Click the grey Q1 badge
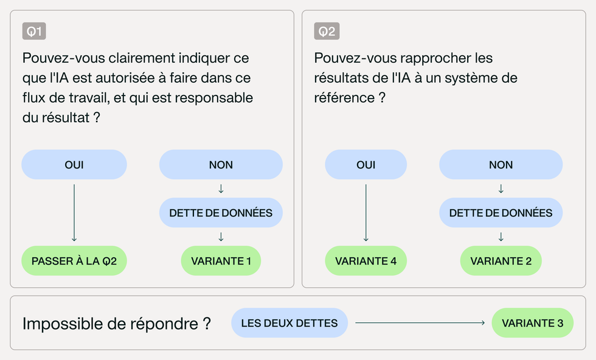[34, 31]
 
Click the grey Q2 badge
[327, 31]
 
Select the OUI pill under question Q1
[74, 165]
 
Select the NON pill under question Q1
[221, 165]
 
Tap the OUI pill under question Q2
[366, 165]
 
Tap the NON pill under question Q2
[501, 165]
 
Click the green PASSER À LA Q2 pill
[74, 261]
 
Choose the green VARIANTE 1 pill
[221, 261]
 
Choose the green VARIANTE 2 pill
[501, 261]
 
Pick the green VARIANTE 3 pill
[533, 323]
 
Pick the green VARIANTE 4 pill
[366, 261]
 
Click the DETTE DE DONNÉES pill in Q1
[221, 212]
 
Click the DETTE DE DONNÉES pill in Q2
[501, 212]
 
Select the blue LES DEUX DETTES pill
[289, 323]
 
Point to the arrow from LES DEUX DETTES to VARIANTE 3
[420, 323]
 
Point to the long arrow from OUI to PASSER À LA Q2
[74, 213]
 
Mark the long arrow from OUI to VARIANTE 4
[366, 213]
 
